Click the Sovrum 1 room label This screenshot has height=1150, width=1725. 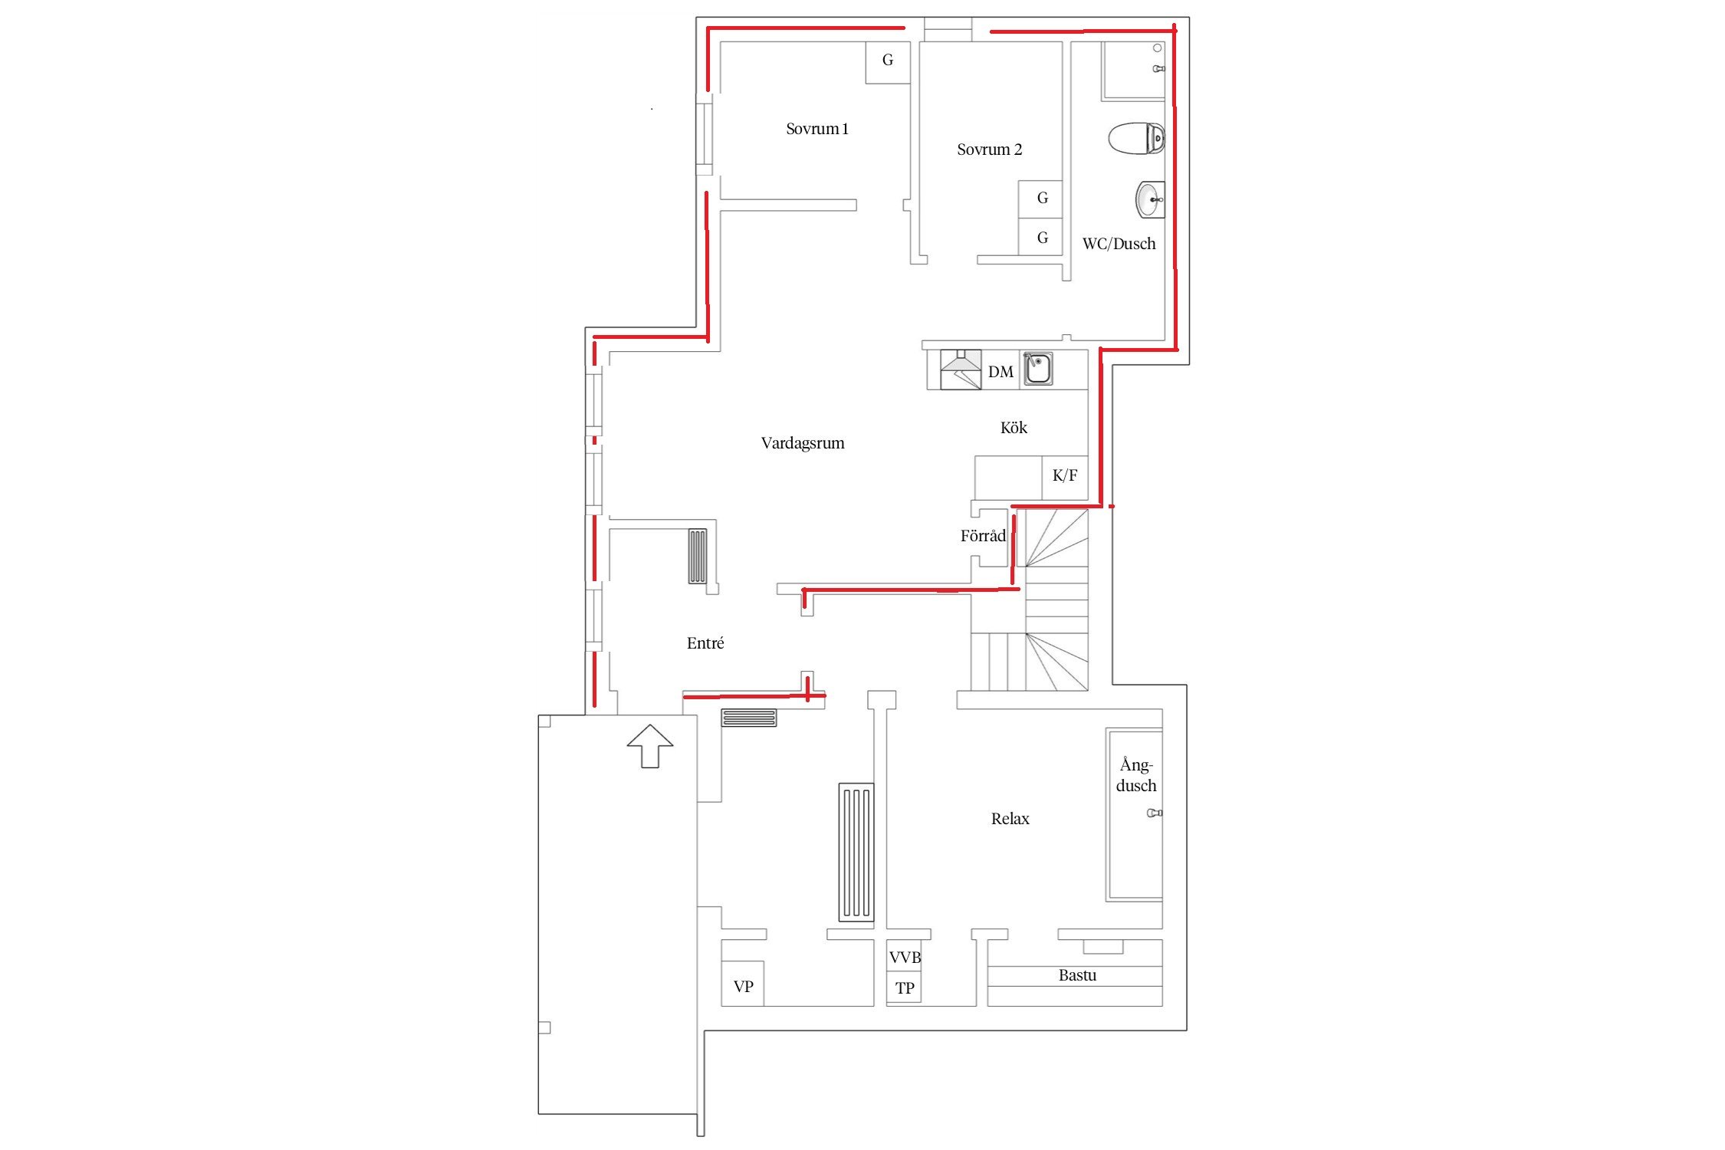(x=816, y=129)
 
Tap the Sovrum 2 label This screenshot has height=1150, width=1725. (x=989, y=149)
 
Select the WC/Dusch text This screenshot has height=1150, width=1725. (x=1119, y=244)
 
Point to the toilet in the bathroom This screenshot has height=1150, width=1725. (x=1137, y=139)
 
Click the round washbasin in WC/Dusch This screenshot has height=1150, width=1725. (x=1150, y=199)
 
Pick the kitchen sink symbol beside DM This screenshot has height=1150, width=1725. (x=1038, y=369)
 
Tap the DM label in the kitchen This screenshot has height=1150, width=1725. (x=1001, y=372)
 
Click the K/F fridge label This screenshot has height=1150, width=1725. (x=1065, y=475)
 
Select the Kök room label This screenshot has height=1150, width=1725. (x=1014, y=428)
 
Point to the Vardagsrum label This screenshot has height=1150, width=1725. (x=803, y=443)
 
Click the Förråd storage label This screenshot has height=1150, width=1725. (x=983, y=536)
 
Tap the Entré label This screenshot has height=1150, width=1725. (x=705, y=643)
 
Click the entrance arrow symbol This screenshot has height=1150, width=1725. (x=650, y=746)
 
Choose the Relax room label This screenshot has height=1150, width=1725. (x=1010, y=819)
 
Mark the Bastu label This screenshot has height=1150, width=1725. (x=1077, y=975)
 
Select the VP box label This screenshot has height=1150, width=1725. (x=743, y=987)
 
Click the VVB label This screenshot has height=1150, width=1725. (x=905, y=958)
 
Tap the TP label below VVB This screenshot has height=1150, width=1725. (x=905, y=988)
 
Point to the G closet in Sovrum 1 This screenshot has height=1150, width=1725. (x=888, y=61)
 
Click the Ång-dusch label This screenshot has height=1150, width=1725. (x=1136, y=775)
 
